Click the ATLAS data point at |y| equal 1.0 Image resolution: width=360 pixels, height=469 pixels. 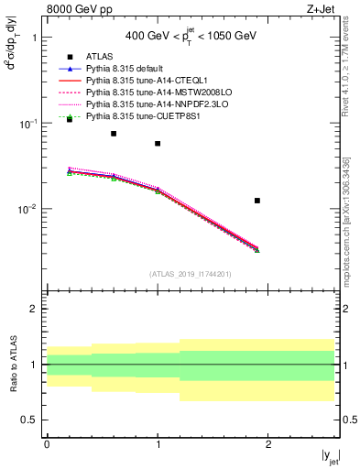click(158, 144)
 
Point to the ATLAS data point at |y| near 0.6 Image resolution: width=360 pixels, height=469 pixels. click(114, 134)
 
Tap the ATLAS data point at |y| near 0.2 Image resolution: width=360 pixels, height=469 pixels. click(70, 119)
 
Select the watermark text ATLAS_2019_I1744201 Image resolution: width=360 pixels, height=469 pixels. click(191, 274)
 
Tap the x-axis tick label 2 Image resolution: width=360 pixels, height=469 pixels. click(268, 443)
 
